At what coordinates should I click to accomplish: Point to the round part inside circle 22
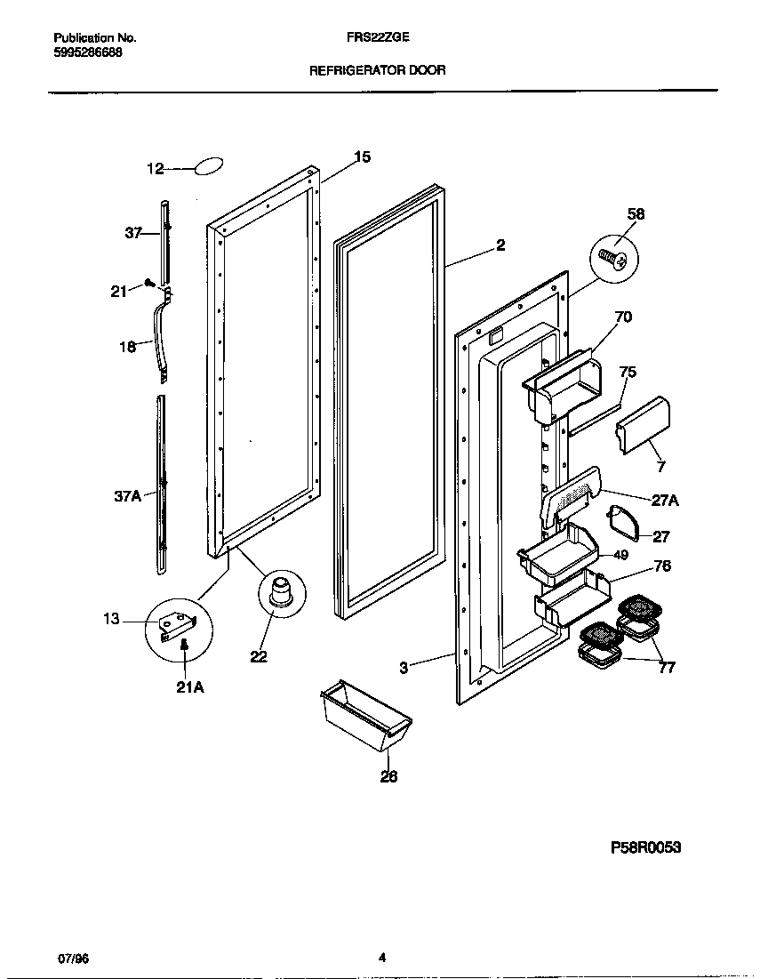point(282,591)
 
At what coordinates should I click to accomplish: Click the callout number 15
point(361,157)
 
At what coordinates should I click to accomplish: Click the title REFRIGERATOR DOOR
point(377,69)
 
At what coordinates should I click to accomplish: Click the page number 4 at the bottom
point(381,958)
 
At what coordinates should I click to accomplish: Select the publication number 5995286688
point(88,52)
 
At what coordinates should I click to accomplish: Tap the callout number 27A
point(665,502)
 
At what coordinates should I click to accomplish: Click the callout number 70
point(623,317)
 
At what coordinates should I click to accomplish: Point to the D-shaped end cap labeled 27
point(624,524)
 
